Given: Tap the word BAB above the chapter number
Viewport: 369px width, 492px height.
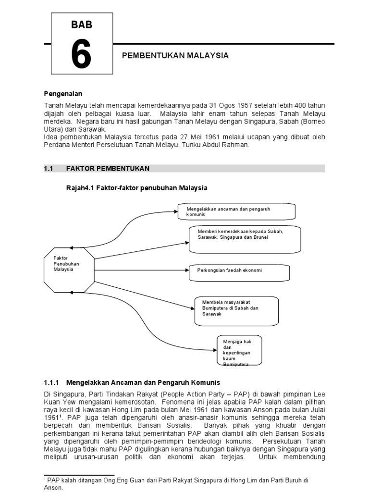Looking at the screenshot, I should pos(81,25).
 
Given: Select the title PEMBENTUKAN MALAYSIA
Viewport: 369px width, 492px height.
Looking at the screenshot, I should pos(175,56).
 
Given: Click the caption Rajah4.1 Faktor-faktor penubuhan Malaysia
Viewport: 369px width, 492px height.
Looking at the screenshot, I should pos(132,187).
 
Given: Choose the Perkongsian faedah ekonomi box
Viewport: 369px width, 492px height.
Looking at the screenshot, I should pos(239,272).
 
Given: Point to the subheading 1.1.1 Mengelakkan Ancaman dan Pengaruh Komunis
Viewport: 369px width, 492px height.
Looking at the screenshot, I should pos(132,382).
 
